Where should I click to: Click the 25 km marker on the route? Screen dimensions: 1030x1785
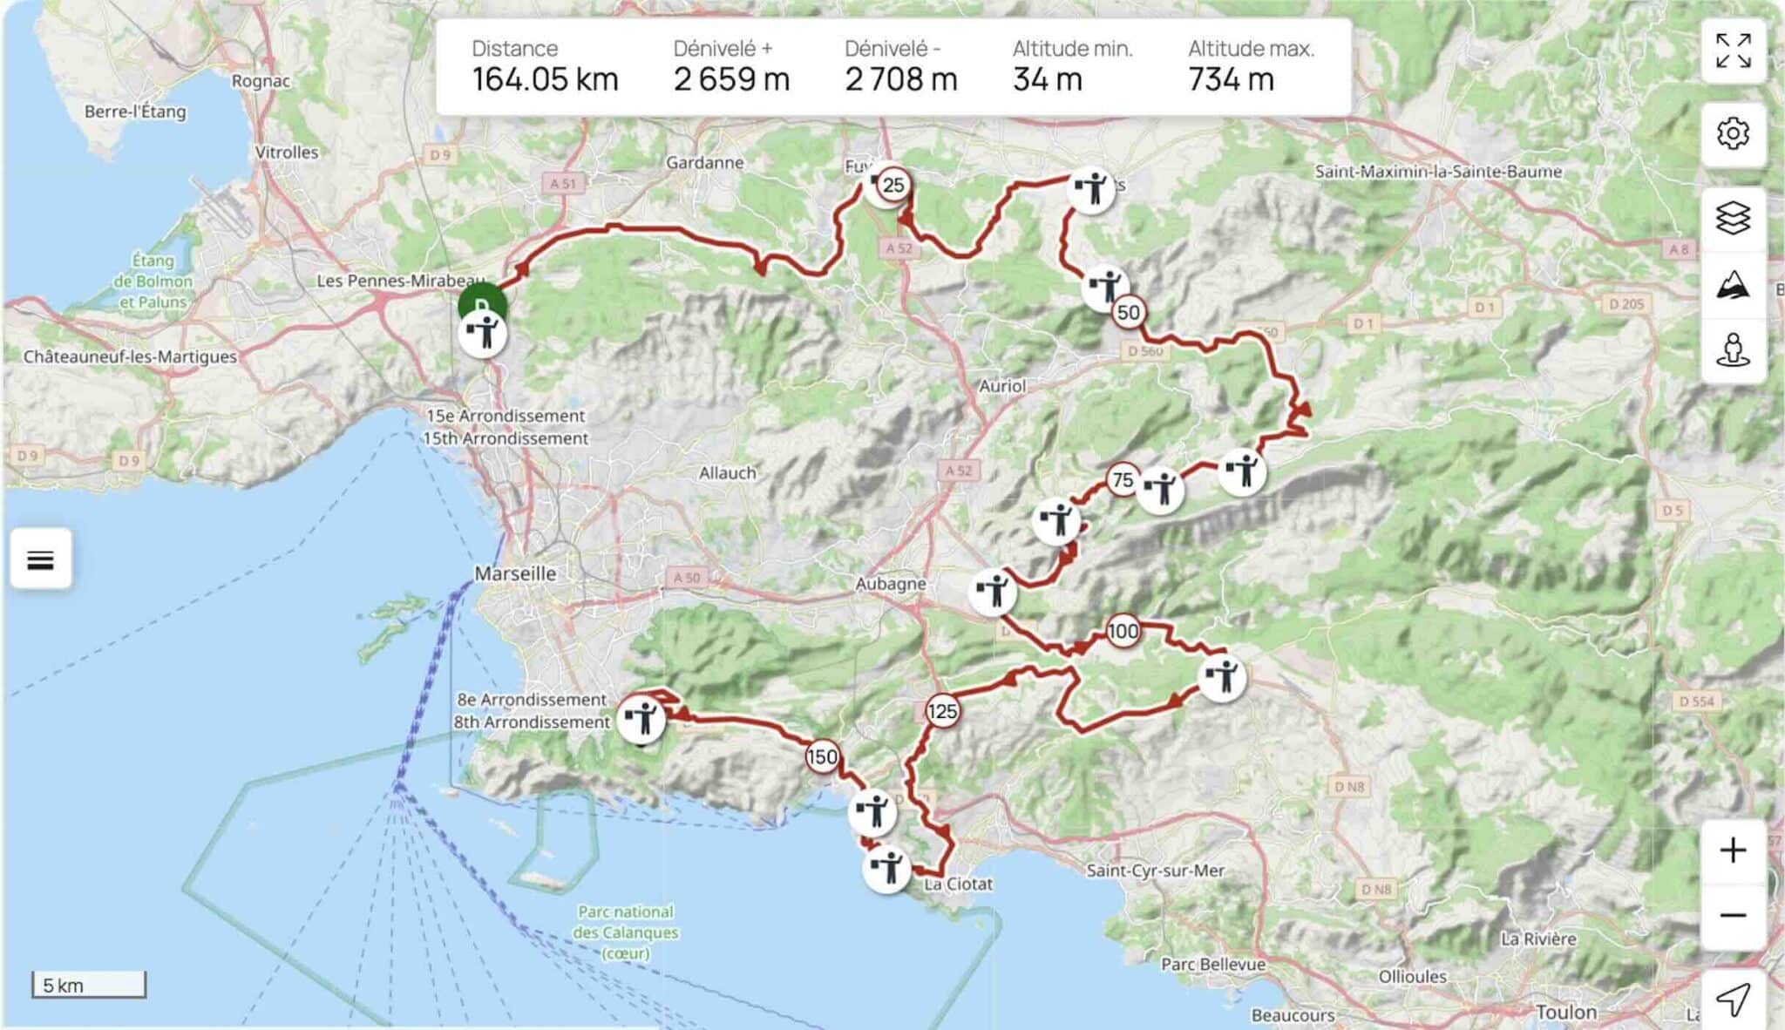[892, 185]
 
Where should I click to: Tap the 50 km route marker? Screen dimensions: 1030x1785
[1128, 312]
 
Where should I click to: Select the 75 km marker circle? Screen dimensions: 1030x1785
[1123, 479]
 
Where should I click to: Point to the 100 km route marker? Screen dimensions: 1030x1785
[1123, 631]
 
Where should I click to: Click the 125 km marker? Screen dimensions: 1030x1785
[942, 711]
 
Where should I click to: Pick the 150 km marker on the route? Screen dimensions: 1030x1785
[822, 756]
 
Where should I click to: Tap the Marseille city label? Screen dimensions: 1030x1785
[515, 573]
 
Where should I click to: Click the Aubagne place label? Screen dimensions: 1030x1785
[890, 583]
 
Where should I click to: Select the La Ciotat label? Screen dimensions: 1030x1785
[958, 884]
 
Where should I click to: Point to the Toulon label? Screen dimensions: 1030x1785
[1566, 1012]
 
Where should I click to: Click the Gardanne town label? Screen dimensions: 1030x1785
[704, 162]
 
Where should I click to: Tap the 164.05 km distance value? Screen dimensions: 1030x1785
[545, 80]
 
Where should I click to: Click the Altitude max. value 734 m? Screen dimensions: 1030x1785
[1231, 80]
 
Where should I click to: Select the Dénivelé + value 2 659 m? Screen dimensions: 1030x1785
[731, 80]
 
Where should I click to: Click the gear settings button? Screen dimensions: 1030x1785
[1733, 133]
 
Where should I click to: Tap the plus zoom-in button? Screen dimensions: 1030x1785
[1733, 850]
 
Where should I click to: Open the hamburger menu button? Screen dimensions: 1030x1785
[41, 559]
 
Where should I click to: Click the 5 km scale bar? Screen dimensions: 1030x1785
[89, 985]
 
